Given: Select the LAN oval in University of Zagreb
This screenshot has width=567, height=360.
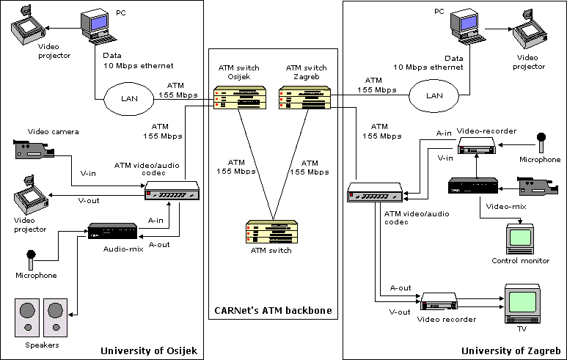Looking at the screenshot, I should pyautogui.click(x=435, y=95).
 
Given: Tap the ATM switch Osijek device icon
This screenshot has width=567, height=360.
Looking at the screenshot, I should pyautogui.click(x=236, y=98).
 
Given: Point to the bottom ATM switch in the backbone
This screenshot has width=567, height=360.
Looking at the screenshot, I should pyautogui.click(x=271, y=231).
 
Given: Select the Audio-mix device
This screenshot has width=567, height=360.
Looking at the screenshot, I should pyautogui.click(x=111, y=232).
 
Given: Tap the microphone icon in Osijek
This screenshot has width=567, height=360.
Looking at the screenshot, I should pyautogui.click(x=31, y=260).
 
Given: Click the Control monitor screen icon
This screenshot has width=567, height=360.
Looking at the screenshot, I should pyautogui.click(x=520, y=237).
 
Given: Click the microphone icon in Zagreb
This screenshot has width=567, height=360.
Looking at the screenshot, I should pyautogui.click(x=542, y=141).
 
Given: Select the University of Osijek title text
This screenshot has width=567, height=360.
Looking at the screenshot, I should pyautogui.click(x=149, y=350).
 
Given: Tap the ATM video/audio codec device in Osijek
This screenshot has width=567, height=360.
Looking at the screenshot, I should pyautogui.click(x=172, y=191).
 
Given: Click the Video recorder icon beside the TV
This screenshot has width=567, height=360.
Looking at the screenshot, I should pyautogui.click(x=440, y=302).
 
